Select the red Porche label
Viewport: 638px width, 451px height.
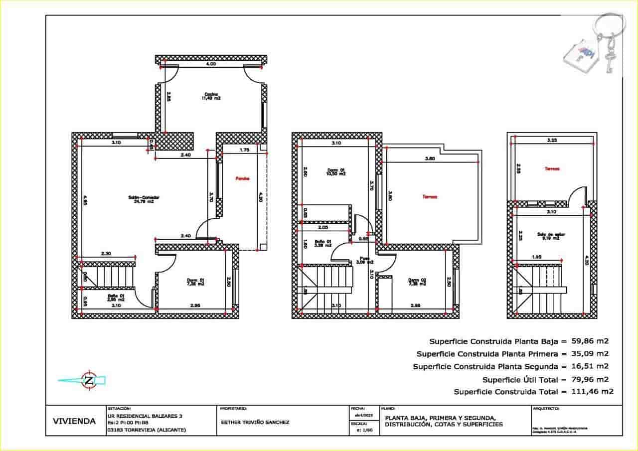[242, 178]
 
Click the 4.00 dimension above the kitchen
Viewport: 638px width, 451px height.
[211, 64]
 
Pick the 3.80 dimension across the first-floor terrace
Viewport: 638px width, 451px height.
[430, 159]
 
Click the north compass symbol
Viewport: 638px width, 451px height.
[88, 381]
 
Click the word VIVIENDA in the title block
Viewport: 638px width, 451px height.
[74, 421]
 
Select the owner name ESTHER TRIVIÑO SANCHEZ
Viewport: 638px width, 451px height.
[255, 422]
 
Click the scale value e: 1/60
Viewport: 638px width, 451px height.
[360, 430]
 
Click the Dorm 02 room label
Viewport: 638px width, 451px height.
[417, 282]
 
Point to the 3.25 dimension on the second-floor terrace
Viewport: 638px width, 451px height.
[552, 141]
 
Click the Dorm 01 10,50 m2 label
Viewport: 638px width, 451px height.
[336, 171]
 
